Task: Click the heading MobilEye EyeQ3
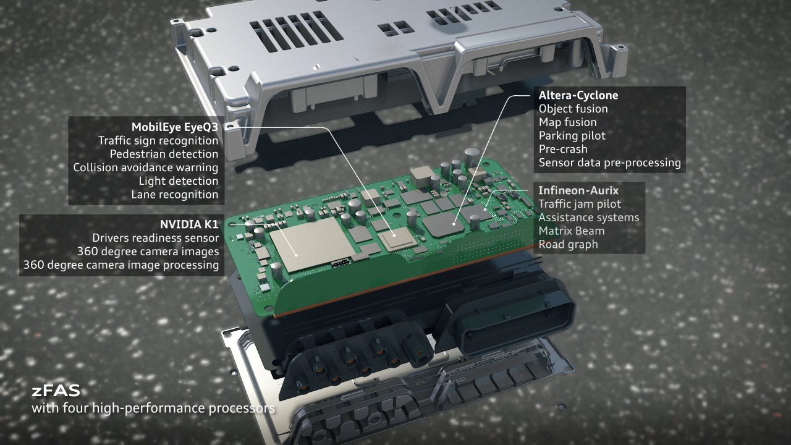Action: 175,127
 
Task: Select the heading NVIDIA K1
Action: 189,224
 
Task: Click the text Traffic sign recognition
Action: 158,140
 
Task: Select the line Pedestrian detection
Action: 164,154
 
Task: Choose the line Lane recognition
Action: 175,195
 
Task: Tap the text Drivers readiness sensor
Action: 155,238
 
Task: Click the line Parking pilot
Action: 572,136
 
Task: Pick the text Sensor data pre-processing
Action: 610,163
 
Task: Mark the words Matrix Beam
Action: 572,231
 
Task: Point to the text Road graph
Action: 568,244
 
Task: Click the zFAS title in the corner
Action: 56,391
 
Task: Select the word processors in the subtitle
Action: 242,409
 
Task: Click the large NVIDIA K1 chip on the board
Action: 312,244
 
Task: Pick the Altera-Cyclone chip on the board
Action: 443,224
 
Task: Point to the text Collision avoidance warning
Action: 146,167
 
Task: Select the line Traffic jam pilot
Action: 580,204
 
